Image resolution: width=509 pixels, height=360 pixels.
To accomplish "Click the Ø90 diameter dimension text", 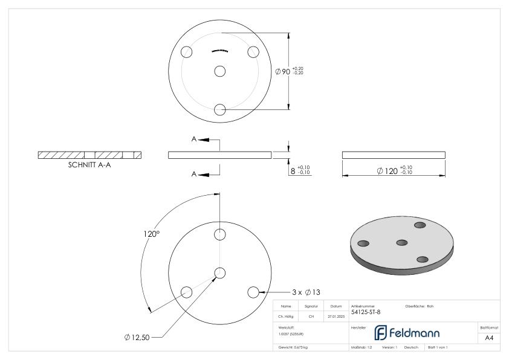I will pos(282,71).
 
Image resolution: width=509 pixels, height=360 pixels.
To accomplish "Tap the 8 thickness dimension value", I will pos(293,171).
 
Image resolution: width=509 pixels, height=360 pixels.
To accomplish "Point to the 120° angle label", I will pos(153,234).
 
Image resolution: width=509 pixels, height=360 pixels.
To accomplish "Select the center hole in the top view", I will pos(220,71).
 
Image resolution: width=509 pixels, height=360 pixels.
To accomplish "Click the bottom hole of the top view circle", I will pos(220,109).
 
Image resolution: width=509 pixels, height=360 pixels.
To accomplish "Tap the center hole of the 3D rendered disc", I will pos(402,242).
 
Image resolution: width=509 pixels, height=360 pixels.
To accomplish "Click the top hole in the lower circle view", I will pos(220,234).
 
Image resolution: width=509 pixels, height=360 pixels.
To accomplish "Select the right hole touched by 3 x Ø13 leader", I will pos(253,292).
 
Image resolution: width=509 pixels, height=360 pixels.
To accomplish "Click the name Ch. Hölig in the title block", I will pos(285,315).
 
